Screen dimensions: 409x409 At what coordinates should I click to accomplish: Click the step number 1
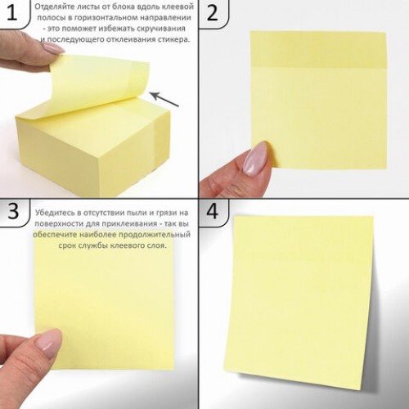tap(11, 13)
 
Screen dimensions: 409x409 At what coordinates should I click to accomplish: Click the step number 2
tap(213, 13)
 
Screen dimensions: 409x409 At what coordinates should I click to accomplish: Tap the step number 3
tap(13, 211)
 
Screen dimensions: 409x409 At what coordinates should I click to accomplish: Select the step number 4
tap(213, 211)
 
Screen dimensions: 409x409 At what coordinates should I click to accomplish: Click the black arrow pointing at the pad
tap(165, 99)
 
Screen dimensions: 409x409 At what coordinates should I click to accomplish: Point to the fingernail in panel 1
tap(54, 48)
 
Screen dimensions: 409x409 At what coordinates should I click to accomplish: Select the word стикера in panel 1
tap(173, 39)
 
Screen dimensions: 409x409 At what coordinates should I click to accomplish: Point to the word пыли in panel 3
tap(139, 213)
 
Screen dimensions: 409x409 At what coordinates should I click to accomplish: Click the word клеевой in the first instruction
tap(179, 7)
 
